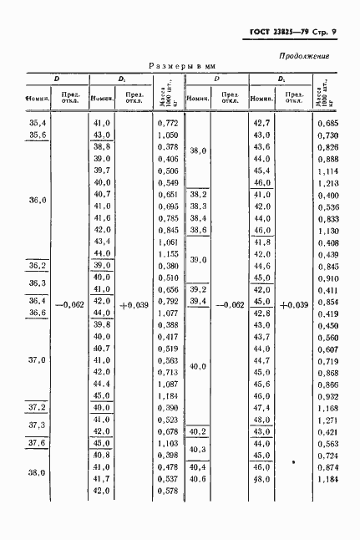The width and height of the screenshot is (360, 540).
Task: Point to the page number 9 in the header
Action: point(332,33)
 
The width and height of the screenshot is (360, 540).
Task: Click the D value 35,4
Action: point(37,123)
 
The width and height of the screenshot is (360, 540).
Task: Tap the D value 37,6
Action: point(37,443)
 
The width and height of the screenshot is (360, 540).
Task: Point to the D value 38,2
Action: point(199,194)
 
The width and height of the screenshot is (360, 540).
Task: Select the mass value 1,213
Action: point(327,182)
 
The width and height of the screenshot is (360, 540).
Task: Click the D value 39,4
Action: point(199,301)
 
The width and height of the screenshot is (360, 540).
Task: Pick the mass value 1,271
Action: point(327,420)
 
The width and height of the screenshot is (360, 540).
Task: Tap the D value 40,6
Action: point(199,479)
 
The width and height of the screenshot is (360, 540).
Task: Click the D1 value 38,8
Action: point(102,146)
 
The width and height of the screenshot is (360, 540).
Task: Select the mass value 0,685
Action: point(327,123)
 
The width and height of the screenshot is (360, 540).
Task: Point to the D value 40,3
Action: point(199,450)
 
